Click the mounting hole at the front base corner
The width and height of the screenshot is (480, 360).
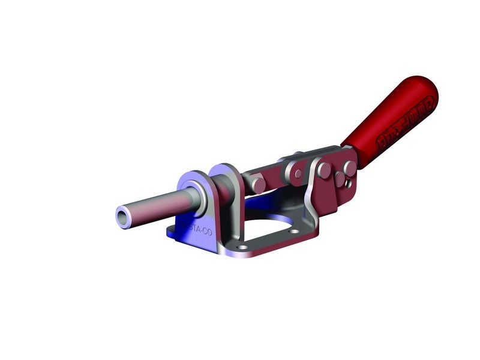pos(241,247)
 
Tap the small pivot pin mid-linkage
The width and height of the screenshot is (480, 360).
pos(298,174)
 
